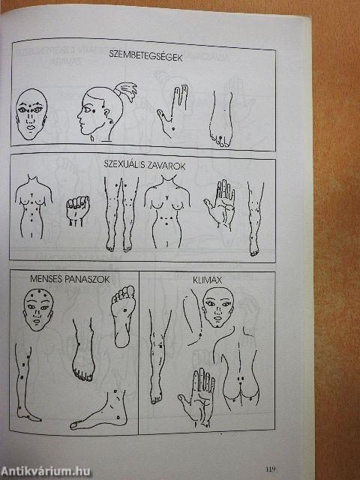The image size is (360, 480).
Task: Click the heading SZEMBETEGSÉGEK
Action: (145, 56)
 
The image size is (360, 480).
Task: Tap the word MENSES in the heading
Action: (46, 279)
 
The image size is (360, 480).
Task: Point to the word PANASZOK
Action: (87, 279)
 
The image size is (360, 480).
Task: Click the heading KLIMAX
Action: (207, 280)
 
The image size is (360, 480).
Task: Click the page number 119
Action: (271, 469)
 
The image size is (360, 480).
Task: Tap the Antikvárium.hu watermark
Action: (46, 472)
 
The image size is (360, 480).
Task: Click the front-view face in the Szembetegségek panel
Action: (31, 115)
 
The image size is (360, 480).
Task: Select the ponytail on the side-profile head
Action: (126, 91)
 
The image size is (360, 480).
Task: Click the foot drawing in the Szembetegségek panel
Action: (220, 119)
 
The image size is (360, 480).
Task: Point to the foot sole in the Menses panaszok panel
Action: (123, 316)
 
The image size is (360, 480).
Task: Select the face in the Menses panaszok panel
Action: (38, 310)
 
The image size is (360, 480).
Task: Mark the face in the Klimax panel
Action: (218, 307)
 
